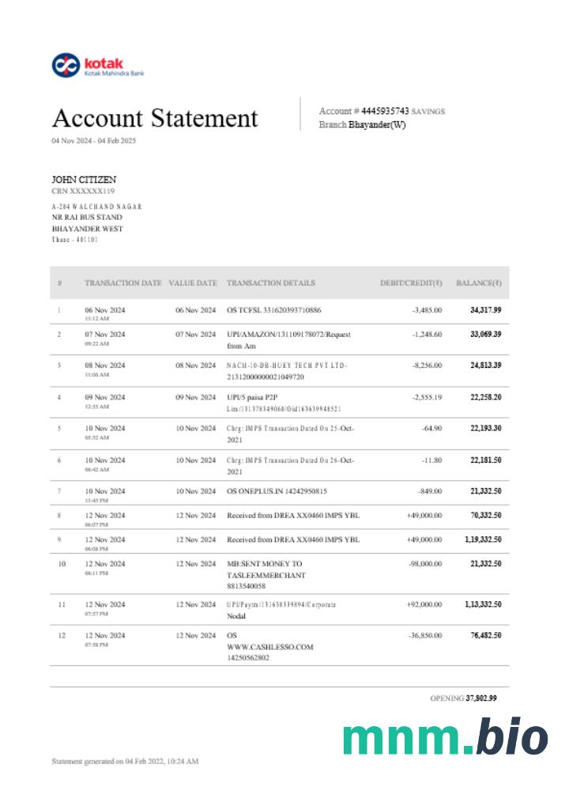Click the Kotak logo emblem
tap(65, 65)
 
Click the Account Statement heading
tap(155, 119)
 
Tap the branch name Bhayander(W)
tap(377, 125)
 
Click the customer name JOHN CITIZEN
tap(84, 180)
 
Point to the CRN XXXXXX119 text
tap(83, 191)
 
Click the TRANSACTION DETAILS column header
tap(270, 282)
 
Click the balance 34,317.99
tap(485, 310)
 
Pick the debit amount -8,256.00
tap(427, 365)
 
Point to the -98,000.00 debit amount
tap(424, 563)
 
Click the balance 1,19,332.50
tap(483, 539)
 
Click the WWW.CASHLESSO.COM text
tap(269, 646)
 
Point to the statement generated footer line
tap(125, 761)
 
